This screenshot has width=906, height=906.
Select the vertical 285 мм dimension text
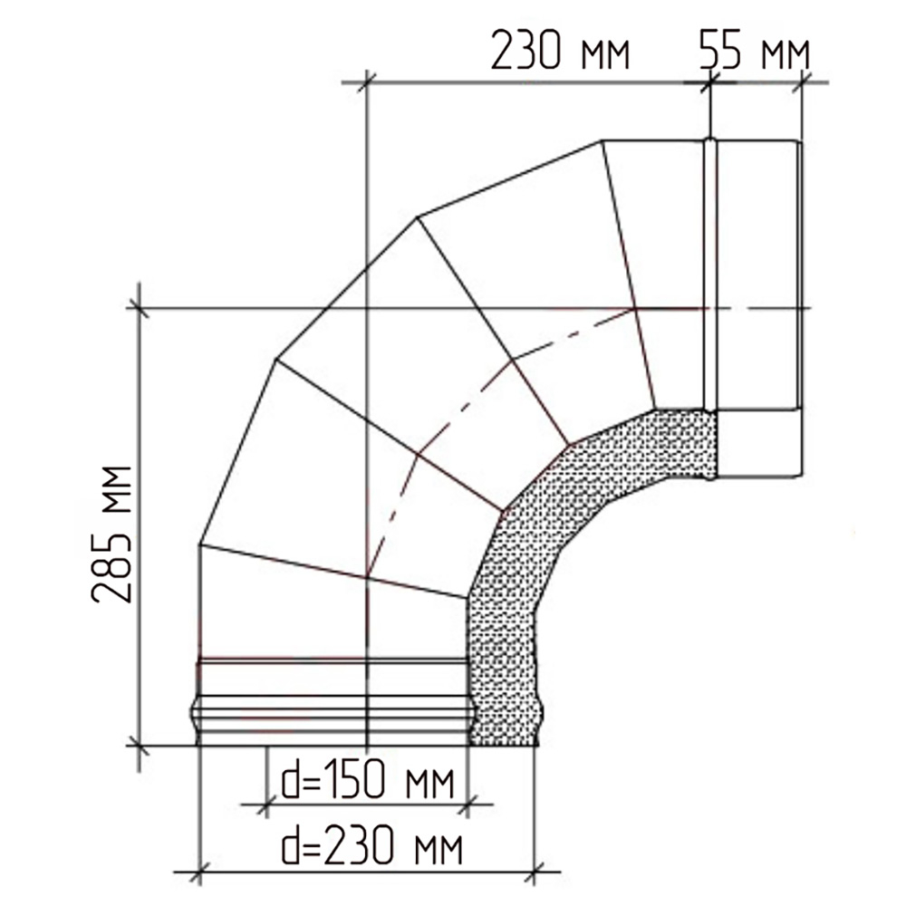click(x=112, y=534)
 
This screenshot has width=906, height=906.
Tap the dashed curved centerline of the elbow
click(x=462, y=404)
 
